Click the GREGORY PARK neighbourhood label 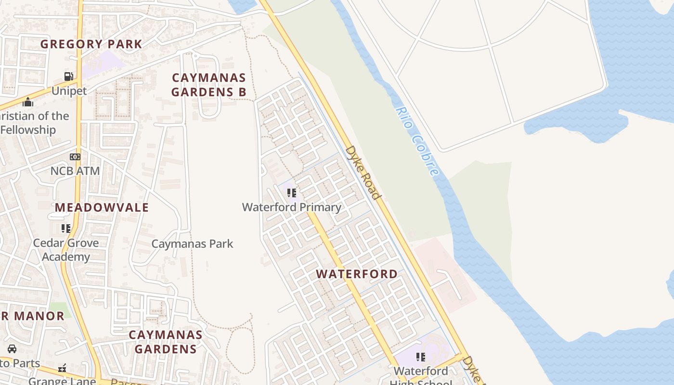pos(91,44)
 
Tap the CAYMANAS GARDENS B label pos(208,85)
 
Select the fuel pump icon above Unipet pos(69,77)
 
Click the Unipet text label pos(69,91)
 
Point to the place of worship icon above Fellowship pos(28,102)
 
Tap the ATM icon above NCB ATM pos(75,157)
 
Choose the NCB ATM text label pos(75,171)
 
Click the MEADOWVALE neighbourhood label pos(102,208)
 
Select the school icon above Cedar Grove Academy pos(66,229)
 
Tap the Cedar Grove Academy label pos(66,250)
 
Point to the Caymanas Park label pos(192,244)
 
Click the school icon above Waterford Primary pos(291,193)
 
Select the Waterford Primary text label pos(291,207)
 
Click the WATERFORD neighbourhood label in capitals pos(357,274)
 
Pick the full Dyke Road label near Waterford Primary pos(363,172)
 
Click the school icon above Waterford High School pos(421,357)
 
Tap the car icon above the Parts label pos(12,349)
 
